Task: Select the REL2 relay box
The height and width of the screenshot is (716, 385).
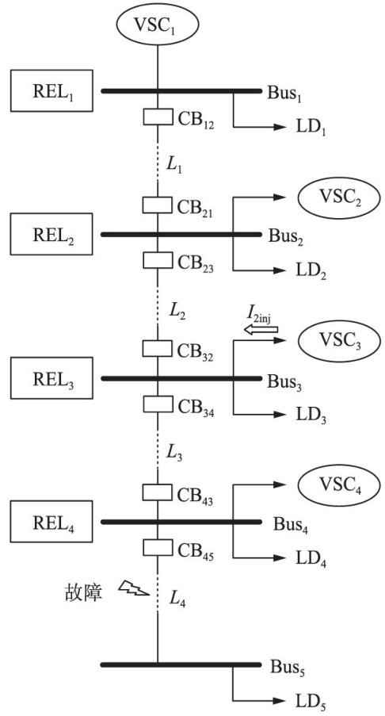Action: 51,234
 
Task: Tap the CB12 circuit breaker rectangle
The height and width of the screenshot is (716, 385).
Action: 158,117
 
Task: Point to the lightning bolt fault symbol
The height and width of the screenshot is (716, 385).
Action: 133,588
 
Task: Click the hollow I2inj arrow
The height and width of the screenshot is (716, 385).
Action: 261,329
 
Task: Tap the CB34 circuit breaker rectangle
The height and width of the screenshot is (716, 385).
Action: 158,404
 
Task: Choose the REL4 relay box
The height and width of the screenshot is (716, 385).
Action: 51,522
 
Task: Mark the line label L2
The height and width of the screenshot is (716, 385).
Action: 177,311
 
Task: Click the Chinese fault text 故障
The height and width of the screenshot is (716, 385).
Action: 82,592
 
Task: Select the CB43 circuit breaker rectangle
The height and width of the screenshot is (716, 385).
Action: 158,492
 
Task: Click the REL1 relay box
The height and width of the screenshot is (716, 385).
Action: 51,90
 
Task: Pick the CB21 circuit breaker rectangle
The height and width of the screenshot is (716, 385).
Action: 158,205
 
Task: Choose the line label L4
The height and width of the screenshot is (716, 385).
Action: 177,599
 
